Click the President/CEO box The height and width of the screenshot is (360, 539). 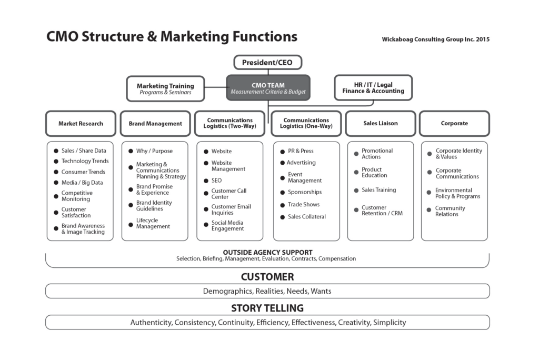[268, 63]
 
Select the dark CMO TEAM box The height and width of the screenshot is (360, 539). [268, 88]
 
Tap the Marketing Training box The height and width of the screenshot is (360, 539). [165, 89]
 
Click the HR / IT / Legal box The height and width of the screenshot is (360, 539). [373, 88]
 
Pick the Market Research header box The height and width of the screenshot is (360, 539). [81, 124]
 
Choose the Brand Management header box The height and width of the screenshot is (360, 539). [155, 124]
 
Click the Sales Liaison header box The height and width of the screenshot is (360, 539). [381, 123]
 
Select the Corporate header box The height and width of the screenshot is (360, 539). [454, 123]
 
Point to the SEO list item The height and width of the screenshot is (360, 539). [216, 181]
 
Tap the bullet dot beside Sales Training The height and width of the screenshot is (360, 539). [356, 191]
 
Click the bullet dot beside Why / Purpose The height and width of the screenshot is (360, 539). [131, 151]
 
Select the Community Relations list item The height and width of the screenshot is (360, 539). [450, 211]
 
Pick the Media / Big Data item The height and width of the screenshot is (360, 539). [82, 183]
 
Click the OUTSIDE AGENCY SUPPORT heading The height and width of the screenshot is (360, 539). [267, 253]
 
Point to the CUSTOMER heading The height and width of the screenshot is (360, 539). [267, 277]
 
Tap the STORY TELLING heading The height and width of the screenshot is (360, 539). [267, 308]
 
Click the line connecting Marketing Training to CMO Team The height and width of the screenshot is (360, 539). [215, 87]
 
